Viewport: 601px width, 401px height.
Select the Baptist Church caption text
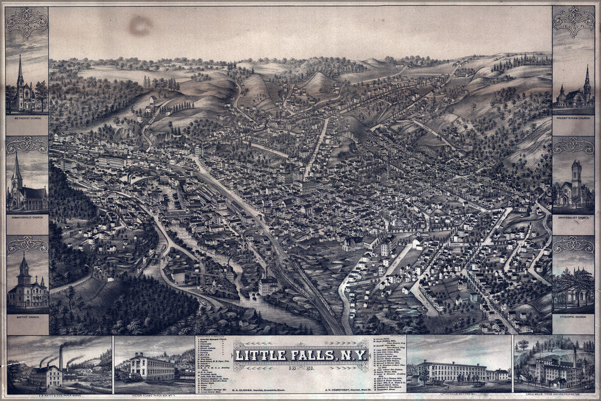[26, 316]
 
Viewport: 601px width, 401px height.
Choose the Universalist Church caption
[573, 217]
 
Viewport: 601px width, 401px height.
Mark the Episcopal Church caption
[573, 316]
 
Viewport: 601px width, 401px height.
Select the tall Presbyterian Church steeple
[587, 80]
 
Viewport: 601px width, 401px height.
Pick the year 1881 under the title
[300, 368]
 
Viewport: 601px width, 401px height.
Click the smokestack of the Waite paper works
[61, 357]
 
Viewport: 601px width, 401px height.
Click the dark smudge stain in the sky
[140, 26]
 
